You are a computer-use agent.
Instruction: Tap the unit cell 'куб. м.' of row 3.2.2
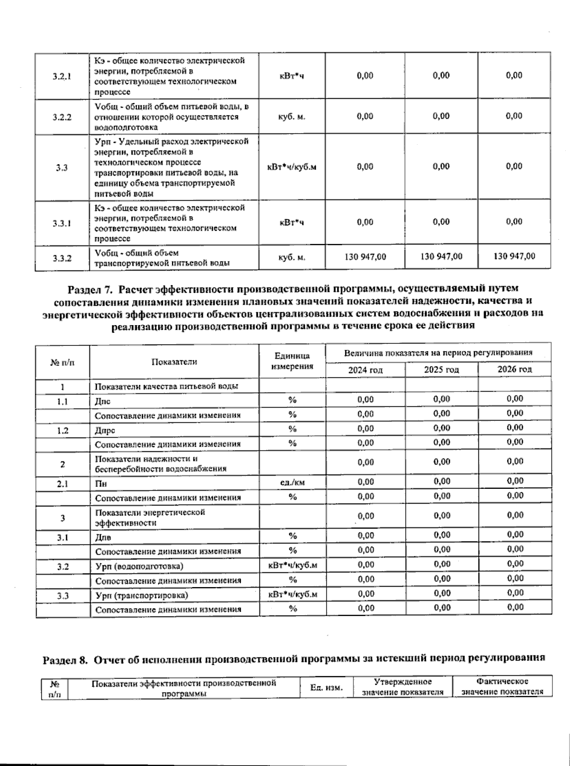292,117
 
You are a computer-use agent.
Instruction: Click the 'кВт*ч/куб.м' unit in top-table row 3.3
292,167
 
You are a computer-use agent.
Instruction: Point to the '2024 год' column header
365,370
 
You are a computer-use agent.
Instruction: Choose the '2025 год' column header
441,370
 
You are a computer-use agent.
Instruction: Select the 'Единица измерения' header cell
292,361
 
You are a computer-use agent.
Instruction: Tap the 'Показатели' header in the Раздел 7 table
174,362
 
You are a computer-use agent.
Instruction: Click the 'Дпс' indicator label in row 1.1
103,401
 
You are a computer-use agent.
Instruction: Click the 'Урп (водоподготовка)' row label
139,566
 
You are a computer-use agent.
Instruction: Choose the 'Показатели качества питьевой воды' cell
166,386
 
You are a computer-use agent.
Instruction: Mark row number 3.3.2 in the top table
62,258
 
